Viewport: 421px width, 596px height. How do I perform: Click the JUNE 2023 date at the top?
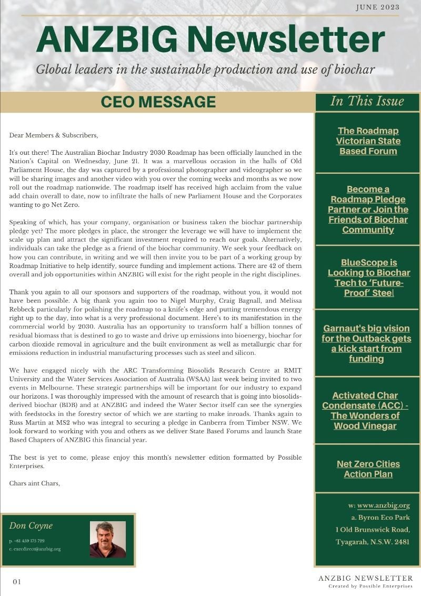[x=377, y=7]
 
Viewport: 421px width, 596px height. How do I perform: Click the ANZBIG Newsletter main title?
[x=210, y=40]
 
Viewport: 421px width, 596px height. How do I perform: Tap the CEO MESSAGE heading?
[x=158, y=102]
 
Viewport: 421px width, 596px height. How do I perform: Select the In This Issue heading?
[x=367, y=101]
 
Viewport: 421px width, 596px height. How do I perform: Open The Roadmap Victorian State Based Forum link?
[x=368, y=141]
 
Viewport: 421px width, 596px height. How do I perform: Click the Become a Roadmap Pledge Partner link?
[x=368, y=209]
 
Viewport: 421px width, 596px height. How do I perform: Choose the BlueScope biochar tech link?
[x=368, y=277]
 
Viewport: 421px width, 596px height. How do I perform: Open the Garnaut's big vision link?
[x=366, y=343]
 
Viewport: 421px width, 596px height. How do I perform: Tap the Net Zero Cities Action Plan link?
[x=368, y=469]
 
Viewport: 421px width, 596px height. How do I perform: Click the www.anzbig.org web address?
[x=383, y=505]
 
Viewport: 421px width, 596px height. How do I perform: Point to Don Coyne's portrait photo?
[x=108, y=539]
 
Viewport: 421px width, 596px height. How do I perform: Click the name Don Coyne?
[x=31, y=525]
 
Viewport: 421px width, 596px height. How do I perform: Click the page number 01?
[x=17, y=582]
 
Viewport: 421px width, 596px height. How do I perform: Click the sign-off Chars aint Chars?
[x=34, y=483]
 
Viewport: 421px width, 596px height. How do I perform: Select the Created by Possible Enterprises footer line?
[x=370, y=586]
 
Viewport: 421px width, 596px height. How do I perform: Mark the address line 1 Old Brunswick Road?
[x=372, y=530]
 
